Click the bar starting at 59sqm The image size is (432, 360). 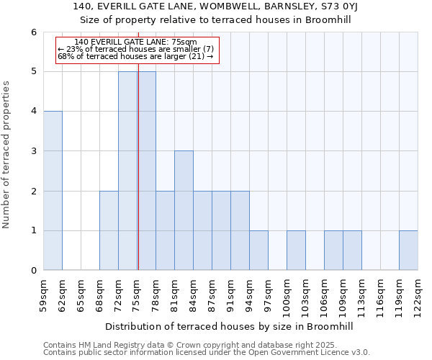(53, 191)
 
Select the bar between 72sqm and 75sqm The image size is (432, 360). (127, 171)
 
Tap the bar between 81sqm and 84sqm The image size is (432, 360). (184, 210)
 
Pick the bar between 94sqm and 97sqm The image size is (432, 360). (258, 251)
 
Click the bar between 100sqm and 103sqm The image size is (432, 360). (296, 251)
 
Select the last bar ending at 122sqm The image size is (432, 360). (408, 251)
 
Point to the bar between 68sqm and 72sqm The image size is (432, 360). (109, 230)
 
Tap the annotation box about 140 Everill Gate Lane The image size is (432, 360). (136, 49)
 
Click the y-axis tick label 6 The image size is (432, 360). (33, 32)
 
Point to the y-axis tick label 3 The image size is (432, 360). (33, 151)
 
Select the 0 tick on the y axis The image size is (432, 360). (33, 271)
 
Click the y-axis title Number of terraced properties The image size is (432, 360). (7, 154)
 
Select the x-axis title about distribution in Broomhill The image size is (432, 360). (230, 326)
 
